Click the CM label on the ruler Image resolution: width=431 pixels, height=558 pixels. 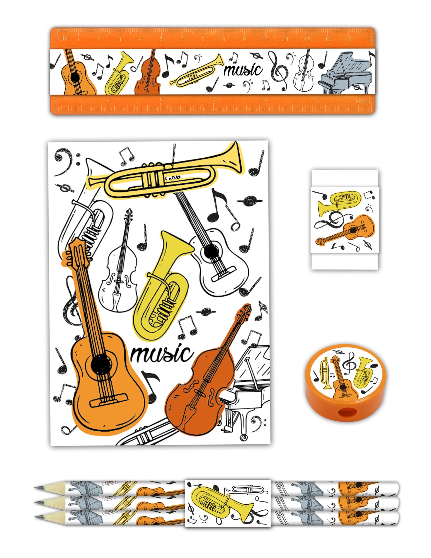click(64, 38)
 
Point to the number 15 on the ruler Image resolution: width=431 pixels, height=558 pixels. click(369, 39)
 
